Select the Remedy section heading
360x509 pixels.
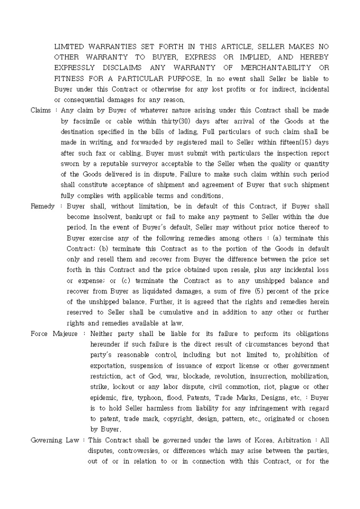click(x=43, y=206)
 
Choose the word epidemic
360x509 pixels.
click(x=105, y=397)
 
